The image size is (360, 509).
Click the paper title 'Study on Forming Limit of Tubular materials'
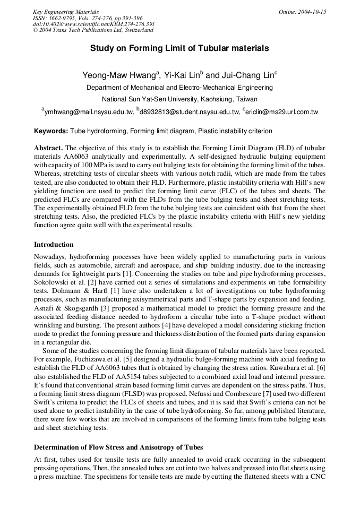(x=179, y=48)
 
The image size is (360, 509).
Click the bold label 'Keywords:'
(x=51, y=131)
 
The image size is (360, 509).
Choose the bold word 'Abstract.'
(x=48, y=147)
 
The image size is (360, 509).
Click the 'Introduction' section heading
(x=54, y=245)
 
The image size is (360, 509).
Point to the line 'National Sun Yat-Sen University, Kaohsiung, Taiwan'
(x=179, y=99)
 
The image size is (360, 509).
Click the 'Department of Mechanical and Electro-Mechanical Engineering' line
(x=179, y=87)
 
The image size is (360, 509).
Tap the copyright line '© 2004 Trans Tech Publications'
(x=93, y=30)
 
